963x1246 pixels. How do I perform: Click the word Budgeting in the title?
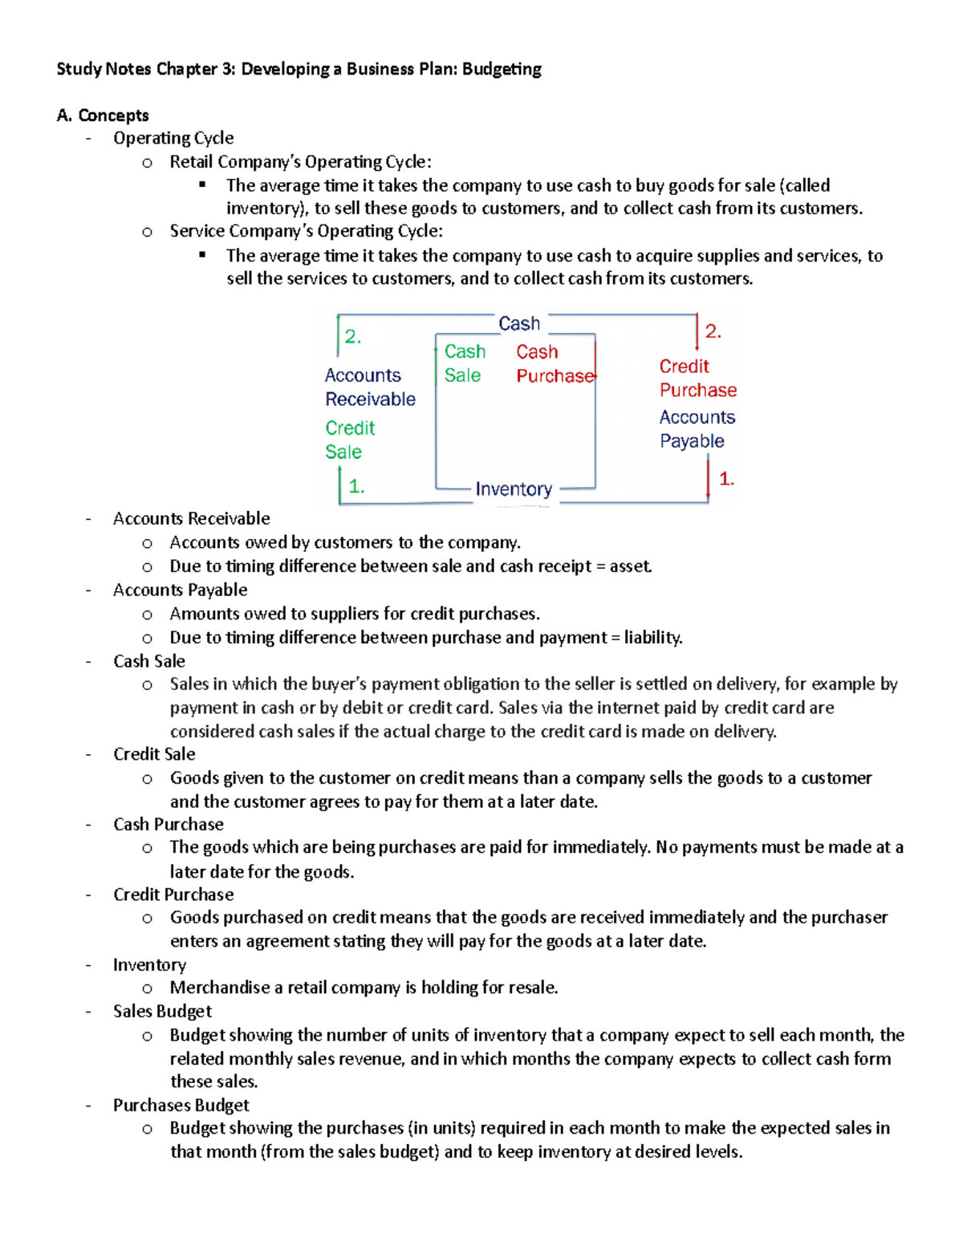[x=502, y=69]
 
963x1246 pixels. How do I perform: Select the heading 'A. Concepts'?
[x=103, y=116]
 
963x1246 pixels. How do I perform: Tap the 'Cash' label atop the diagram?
[x=519, y=323]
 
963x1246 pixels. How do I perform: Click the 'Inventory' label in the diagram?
[x=514, y=489]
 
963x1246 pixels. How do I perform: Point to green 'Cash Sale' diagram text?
[x=465, y=363]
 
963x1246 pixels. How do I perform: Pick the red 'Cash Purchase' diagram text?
[x=555, y=363]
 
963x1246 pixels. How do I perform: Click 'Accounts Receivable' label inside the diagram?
[x=369, y=387]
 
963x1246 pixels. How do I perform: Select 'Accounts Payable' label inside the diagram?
[x=697, y=429]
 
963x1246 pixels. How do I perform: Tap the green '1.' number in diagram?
[x=356, y=486]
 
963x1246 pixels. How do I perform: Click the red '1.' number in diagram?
[x=726, y=479]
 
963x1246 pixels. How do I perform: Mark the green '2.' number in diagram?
[x=353, y=337]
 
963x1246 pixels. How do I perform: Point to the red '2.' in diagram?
[x=713, y=331]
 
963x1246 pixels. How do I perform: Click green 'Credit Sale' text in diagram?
[x=350, y=440]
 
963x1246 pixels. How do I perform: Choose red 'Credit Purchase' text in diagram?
[x=697, y=378]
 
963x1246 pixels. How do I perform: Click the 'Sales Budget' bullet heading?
[x=162, y=1011]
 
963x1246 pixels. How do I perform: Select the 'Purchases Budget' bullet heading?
[x=181, y=1105]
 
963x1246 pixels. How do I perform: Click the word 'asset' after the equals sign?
[x=630, y=566]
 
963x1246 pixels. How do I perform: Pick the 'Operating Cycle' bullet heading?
[x=173, y=138]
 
